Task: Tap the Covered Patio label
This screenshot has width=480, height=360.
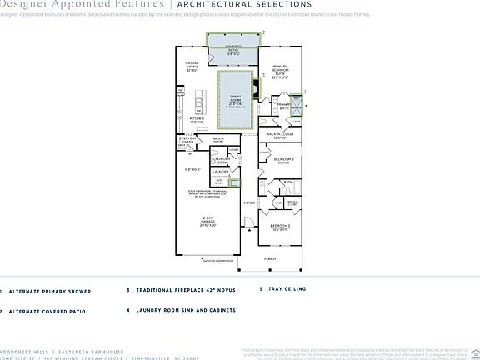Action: [x=234, y=50]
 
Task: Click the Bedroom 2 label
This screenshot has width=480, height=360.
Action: [x=279, y=226]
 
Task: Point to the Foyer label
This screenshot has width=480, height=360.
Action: [x=249, y=202]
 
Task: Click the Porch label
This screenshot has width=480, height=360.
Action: [x=270, y=259]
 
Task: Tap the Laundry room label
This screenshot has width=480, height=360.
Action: [x=220, y=172]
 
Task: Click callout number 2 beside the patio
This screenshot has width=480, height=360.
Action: [x=263, y=32]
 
